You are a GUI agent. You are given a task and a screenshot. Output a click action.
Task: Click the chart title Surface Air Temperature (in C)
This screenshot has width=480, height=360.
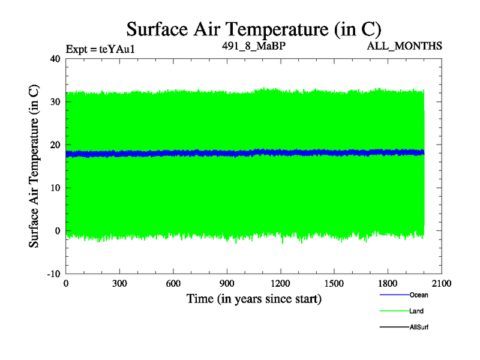click(x=253, y=29)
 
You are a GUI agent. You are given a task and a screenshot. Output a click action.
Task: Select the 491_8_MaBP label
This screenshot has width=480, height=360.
click(x=250, y=46)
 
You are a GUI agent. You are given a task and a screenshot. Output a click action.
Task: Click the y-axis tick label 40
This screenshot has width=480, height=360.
click(x=55, y=59)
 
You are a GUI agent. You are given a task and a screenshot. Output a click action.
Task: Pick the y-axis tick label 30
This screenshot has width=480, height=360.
click(x=55, y=102)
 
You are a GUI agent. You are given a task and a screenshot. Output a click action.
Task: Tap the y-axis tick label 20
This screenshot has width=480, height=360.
click(x=55, y=145)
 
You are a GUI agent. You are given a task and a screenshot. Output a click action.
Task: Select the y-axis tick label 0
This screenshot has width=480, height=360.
click(x=58, y=231)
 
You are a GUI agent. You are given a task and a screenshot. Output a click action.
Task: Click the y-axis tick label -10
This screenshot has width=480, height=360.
click(x=53, y=274)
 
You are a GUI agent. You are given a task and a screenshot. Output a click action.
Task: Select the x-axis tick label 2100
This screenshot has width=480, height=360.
click(x=442, y=284)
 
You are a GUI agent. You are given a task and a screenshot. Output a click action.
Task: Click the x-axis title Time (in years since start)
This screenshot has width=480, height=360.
click(x=254, y=298)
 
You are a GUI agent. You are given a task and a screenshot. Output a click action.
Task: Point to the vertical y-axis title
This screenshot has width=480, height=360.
click(x=35, y=166)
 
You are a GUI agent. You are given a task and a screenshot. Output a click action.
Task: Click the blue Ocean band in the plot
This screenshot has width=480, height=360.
click(x=240, y=153)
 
